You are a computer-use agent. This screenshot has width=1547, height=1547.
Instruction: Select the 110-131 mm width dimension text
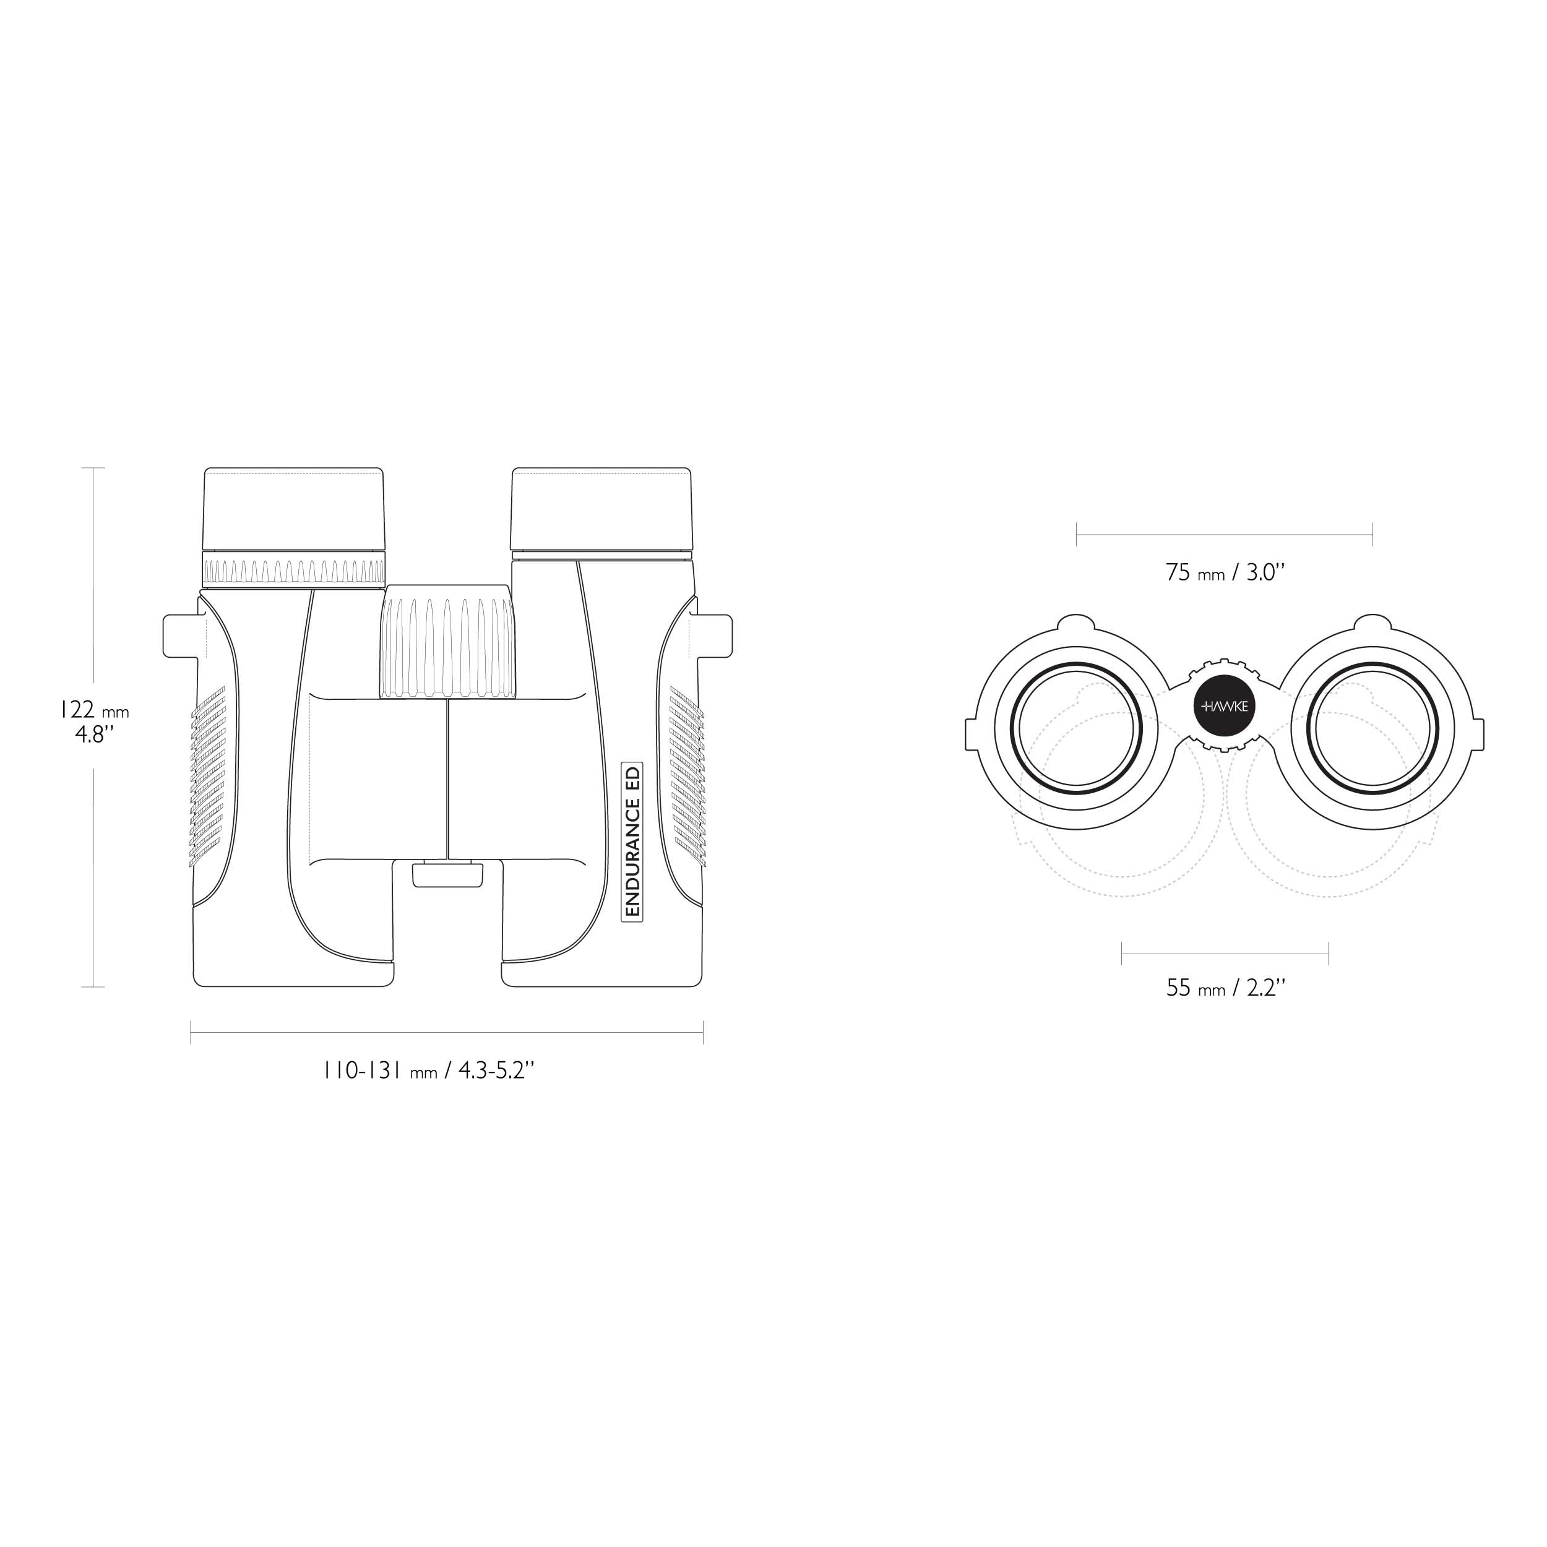click(428, 1071)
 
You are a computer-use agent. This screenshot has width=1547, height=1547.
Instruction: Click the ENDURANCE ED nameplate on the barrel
click(632, 841)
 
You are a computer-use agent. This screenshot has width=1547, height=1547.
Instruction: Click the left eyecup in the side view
click(294, 509)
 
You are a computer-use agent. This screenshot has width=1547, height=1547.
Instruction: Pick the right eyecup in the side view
click(601, 509)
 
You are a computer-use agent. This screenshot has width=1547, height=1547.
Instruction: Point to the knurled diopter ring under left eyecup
click(294, 569)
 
